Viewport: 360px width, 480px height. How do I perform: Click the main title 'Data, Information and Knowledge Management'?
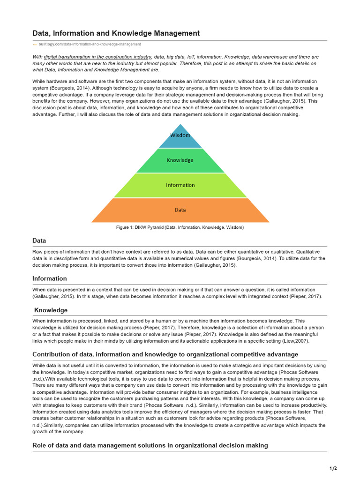[116, 33]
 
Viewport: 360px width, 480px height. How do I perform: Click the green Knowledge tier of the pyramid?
[180, 160]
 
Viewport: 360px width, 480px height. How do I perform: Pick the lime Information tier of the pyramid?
[180, 185]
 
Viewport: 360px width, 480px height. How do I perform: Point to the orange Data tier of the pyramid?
[180, 210]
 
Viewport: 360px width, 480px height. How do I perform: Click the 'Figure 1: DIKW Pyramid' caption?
[180, 227]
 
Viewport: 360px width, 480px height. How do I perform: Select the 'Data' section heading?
[39, 240]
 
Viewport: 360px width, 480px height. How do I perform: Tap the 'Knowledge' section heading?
[51, 310]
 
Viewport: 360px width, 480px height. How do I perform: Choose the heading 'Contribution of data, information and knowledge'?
[165, 354]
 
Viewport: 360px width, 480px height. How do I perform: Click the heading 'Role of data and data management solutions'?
[150, 445]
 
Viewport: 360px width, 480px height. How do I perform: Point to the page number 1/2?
[333, 468]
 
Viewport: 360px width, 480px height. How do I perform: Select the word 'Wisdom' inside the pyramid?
[180, 135]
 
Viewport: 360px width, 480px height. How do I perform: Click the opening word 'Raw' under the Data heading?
[37, 251]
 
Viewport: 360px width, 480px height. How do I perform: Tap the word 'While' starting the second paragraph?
[39, 81]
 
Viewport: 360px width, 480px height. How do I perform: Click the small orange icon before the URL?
[34, 44]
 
